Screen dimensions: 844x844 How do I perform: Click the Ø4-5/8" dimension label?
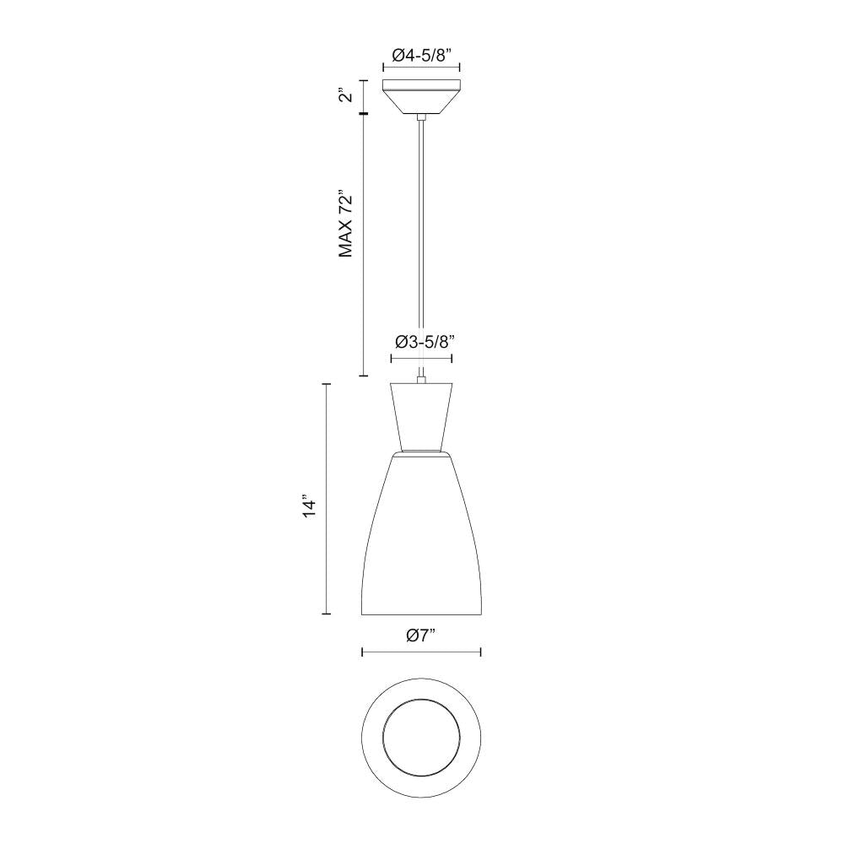point(421,56)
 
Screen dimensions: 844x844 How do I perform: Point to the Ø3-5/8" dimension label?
point(421,341)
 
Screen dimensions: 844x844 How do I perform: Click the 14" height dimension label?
point(310,507)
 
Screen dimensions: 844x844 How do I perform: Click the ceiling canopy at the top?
point(421,95)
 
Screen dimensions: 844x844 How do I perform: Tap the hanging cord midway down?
point(421,245)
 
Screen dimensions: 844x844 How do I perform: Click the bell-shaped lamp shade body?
point(421,540)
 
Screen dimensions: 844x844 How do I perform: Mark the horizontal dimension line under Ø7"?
point(421,652)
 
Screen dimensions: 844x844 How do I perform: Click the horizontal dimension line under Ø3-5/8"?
point(421,359)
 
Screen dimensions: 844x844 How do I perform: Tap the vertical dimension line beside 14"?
point(327,498)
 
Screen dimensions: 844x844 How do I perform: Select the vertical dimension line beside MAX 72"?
point(363,245)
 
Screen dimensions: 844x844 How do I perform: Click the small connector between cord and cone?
point(421,377)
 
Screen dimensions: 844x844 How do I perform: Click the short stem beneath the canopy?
point(421,117)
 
